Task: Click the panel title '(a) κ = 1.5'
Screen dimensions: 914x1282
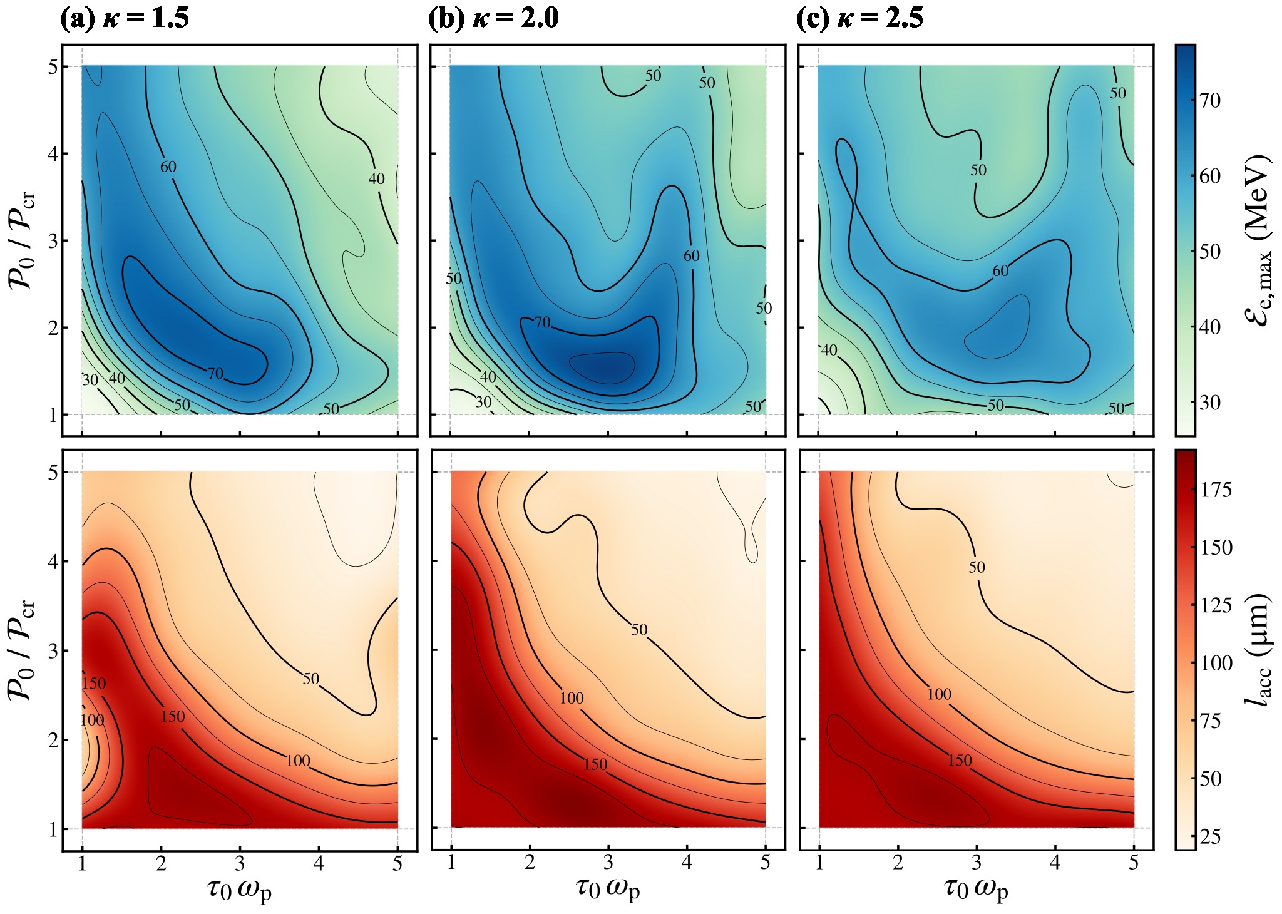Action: tap(125, 19)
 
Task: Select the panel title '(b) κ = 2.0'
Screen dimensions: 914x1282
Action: tap(493, 19)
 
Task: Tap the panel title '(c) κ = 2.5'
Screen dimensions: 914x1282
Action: tap(859, 19)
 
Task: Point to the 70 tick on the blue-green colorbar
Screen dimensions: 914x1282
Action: tap(1209, 100)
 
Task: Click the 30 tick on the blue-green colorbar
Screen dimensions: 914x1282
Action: tap(1209, 403)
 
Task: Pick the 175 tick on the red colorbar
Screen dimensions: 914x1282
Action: tap(1215, 490)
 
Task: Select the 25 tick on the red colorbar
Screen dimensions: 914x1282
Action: tap(1209, 836)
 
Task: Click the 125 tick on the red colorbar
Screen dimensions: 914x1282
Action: tap(1215, 605)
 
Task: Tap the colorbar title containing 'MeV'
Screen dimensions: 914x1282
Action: tap(1257, 240)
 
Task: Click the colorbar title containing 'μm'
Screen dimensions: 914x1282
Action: tap(1257, 650)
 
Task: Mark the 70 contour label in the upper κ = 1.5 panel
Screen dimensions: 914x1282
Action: tap(215, 374)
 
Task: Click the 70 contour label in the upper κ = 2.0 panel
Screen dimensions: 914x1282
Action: tap(542, 322)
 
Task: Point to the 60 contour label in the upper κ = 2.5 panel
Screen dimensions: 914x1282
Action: tap(1000, 271)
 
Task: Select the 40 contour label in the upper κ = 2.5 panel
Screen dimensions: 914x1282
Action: tap(829, 351)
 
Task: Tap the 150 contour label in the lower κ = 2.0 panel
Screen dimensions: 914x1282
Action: tap(595, 764)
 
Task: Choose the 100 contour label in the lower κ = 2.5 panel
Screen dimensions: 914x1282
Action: tap(939, 694)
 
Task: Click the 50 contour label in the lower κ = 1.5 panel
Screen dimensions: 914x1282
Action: tap(311, 679)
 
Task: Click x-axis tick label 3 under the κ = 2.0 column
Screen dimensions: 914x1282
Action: tap(608, 864)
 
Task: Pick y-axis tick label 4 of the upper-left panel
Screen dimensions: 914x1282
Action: tap(53, 153)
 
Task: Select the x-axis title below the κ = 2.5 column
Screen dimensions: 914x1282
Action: tap(976, 890)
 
